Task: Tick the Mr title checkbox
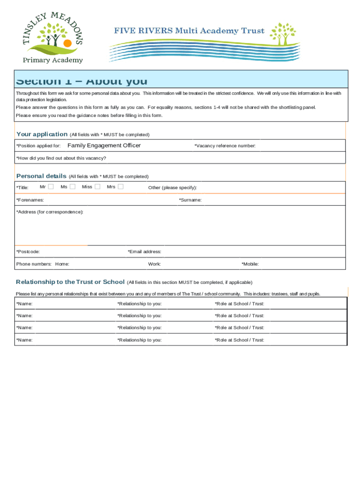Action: pyautogui.click(x=51, y=187)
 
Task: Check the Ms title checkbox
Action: pyautogui.click(x=72, y=187)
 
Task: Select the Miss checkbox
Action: pyautogui.click(x=97, y=187)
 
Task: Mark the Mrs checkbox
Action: pyautogui.click(x=121, y=187)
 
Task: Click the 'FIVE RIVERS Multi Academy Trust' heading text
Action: pyautogui.click(x=189, y=31)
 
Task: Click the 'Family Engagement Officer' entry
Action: pyautogui.click(x=104, y=145)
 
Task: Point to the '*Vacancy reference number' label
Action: pyautogui.click(x=225, y=146)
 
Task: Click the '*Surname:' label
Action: pyautogui.click(x=190, y=200)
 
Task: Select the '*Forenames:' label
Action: pyautogui.click(x=30, y=200)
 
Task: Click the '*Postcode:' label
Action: pyautogui.click(x=28, y=252)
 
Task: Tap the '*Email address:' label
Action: pyautogui.click(x=144, y=252)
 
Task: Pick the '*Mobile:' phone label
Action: pyautogui.click(x=250, y=264)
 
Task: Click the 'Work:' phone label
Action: pyautogui.click(x=154, y=264)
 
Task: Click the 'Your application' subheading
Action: pyautogui.click(x=42, y=134)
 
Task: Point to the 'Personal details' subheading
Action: pyautogui.click(x=41, y=176)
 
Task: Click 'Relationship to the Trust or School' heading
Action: pyautogui.click(x=70, y=282)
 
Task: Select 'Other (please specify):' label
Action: pyautogui.click(x=173, y=188)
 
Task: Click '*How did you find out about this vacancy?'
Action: pyautogui.click(x=61, y=158)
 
